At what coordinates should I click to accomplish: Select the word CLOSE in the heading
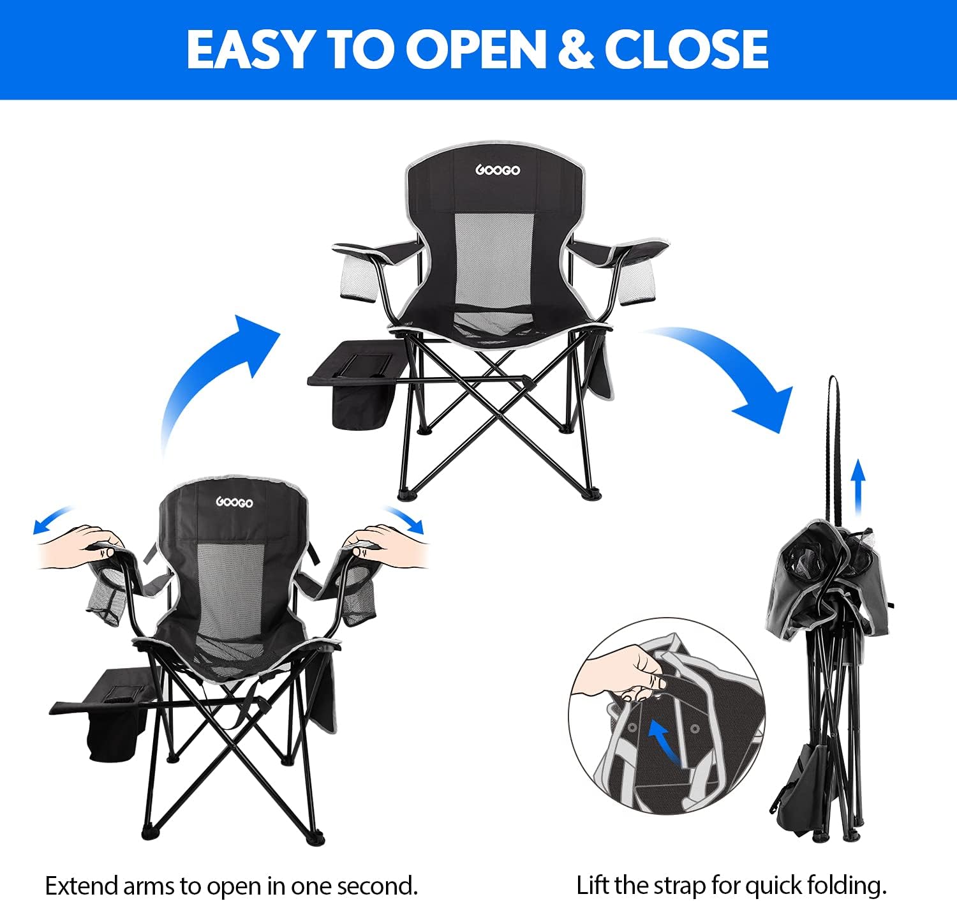(686, 50)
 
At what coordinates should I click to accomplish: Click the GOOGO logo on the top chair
(497, 170)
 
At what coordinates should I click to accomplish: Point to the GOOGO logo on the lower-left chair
(234, 502)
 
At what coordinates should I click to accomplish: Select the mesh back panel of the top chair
(494, 260)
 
